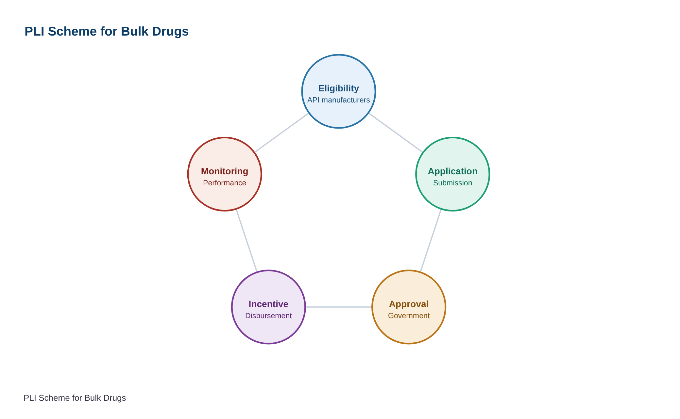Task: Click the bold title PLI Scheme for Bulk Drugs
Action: (x=107, y=32)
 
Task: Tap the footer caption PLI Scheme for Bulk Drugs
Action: (x=75, y=398)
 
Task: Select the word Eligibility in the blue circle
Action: (x=339, y=88)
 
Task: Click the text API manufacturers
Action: (x=339, y=100)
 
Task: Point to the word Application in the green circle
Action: (x=453, y=171)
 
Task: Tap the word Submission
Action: (x=453, y=183)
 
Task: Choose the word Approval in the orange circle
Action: (x=409, y=304)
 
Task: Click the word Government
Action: (x=409, y=316)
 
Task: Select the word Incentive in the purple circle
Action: (x=268, y=304)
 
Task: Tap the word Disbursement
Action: (x=268, y=316)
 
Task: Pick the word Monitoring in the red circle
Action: (x=225, y=171)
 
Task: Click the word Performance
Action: (x=225, y=183)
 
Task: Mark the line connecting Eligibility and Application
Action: (x=396, y=133)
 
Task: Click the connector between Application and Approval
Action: (x=431, y=241)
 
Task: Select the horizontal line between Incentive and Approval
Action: (x=339, y=307)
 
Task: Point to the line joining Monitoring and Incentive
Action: (x=246, y=241)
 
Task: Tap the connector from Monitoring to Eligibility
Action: (x=282, y=133)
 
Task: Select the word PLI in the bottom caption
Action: (x=30, y=398)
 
